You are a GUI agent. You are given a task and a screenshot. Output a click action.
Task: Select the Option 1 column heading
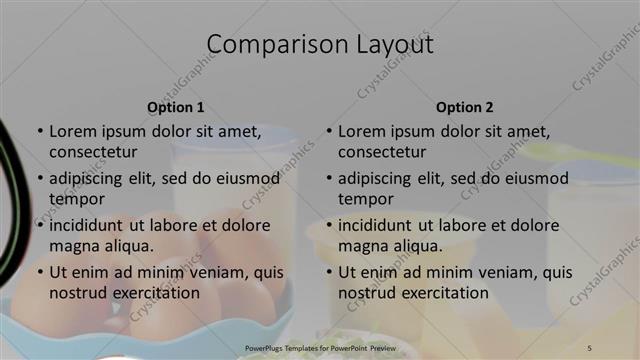(176, 107)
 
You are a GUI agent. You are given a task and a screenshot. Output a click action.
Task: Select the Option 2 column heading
(465, 107)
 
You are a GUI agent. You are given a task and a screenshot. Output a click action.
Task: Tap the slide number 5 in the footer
(589, 347)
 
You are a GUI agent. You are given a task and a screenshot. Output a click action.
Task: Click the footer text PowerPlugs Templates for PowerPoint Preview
(319, 347)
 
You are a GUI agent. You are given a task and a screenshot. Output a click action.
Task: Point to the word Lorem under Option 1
(73, 131)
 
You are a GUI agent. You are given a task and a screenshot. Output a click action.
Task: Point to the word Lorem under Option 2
(362, 131)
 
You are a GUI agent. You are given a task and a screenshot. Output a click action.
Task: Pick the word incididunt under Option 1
(92, 225)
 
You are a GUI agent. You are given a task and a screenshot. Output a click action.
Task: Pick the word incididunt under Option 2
(381, 225)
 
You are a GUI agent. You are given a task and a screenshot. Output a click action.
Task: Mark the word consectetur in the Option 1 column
(93, 152)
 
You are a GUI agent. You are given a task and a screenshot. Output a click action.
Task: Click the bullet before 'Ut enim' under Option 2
(329, 272)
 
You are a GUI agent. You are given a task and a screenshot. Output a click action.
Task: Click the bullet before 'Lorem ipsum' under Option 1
(40, 131)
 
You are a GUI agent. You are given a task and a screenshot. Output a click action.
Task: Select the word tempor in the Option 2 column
(366, 199)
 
